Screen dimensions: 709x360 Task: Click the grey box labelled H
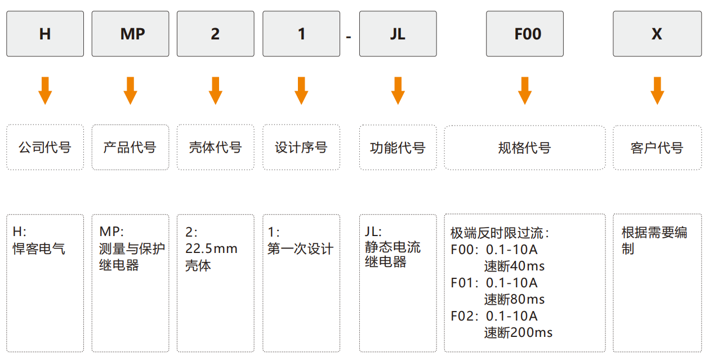tap(45, 34)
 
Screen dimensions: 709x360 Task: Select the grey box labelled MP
tap(131, 34)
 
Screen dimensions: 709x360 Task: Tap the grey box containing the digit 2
tap(216, 34)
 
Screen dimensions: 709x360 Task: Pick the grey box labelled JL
tap(398, 34)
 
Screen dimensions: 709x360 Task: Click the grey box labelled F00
tap(525, 34)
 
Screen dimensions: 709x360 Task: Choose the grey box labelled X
tap(657, 34)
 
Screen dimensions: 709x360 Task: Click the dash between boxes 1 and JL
tap(349, 37)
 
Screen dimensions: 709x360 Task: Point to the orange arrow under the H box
tap(45, 91)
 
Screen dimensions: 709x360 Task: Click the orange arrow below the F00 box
tap(525, 91)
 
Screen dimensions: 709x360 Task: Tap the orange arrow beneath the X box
tap(657, 91)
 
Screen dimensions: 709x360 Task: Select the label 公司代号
tap(45, 148)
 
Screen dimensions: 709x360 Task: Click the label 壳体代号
tap(216, 148)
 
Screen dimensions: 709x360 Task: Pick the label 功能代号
tap(398, 148)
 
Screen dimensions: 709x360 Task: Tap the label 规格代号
tap(525, 148)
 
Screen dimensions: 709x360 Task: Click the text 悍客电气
tap(39, 248)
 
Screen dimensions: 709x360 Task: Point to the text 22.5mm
tap(211, 248)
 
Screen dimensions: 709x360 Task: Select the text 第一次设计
tap(300, 249)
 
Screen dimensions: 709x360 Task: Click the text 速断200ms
tap(518, 332)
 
